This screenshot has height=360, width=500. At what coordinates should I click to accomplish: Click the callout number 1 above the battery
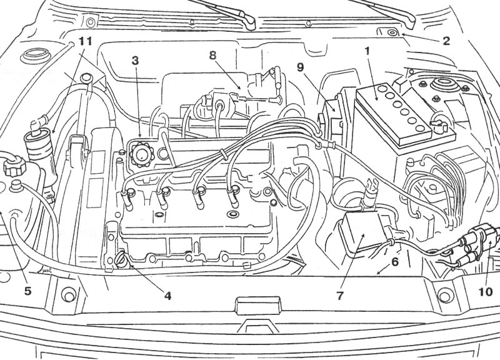click(367, 51)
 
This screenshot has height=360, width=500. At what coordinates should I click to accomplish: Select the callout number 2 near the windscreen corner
click(446, 41)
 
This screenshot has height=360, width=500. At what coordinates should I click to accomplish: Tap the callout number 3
click(136, 61)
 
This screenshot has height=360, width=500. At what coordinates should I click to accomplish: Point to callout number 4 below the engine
click(167, 296)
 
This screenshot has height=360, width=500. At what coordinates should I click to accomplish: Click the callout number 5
click(27, 291)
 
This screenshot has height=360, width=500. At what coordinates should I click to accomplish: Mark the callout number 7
click(340, 296)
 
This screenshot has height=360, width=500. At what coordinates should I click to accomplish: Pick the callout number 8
click(212, 55)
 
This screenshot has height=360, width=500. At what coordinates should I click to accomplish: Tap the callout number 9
click(300, 67)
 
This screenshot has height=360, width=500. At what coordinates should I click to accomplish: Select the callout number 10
click(486, 292)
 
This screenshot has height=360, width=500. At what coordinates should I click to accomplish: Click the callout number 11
click(85, 41)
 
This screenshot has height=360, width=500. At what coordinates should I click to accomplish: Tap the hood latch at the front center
click(258, 306)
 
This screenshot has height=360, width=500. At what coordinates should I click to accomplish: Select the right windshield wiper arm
click(382, 13)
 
